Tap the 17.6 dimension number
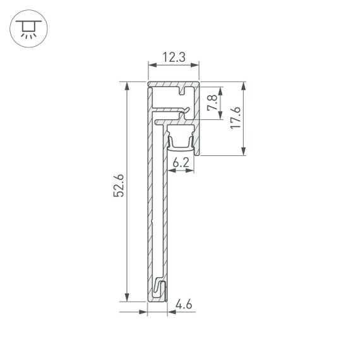coord(235,118)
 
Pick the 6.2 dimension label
coord(181,162)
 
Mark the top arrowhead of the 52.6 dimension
coord(128,85)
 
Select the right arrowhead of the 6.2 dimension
coord(191,171)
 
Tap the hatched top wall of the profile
coord(165,83)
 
